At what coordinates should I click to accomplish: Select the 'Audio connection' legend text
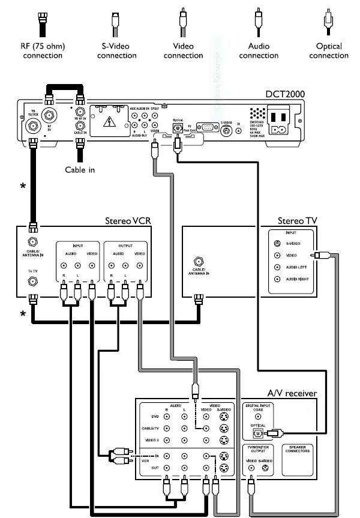[x=259, y=51]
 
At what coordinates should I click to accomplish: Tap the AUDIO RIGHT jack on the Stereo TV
[x=277, y=279]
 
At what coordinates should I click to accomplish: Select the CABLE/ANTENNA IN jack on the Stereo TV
[x=198, y=262]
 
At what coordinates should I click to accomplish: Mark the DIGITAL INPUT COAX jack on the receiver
[x=259, y=416]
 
